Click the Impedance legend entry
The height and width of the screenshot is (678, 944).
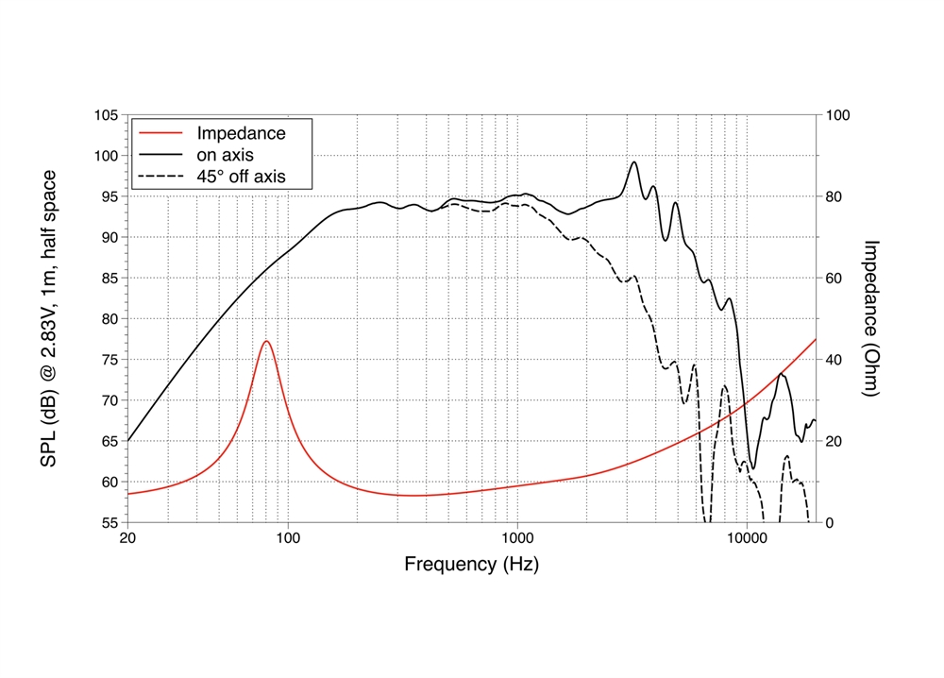coord(240,133)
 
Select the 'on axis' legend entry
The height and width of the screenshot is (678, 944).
coord(225,154)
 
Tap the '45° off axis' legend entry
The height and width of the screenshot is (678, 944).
coord(240,176)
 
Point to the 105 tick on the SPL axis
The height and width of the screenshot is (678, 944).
coord(106,115)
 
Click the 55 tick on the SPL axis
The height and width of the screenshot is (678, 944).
coord(110,522)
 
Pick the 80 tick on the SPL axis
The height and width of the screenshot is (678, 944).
coord(110,319)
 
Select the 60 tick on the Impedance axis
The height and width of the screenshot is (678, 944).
coord(834,279)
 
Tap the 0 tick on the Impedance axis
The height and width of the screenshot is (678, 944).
coord(830,522)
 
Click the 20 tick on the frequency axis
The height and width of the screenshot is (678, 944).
coord(128,539)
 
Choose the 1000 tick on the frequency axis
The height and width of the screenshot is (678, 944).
coord(517,539)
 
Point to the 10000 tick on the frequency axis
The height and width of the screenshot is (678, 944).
coord(747,539)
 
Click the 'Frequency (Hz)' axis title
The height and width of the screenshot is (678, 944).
coord(472,565)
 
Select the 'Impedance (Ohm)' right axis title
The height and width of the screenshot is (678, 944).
coord(872,317)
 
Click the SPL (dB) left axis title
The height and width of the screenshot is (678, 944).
coord(47,319)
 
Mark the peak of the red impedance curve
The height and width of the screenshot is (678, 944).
coord(267,341)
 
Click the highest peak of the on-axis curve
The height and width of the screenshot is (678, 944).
coord(634,161)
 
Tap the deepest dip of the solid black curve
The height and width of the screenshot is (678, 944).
coord(752,468)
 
